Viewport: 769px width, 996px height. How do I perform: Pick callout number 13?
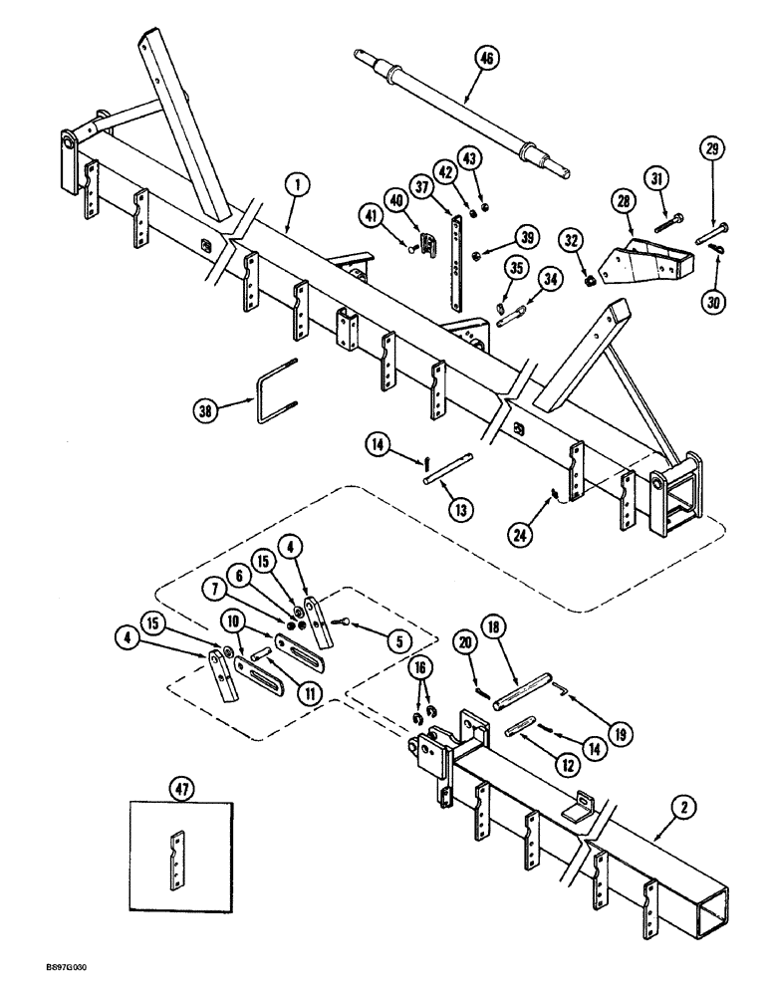tap(462, 509)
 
